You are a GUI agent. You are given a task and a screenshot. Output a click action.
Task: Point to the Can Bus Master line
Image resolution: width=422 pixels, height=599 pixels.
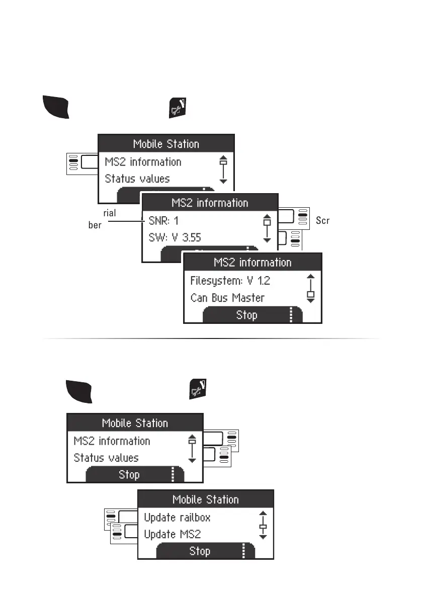227,298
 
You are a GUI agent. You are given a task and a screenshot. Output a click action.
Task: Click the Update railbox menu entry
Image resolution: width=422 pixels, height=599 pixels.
177,518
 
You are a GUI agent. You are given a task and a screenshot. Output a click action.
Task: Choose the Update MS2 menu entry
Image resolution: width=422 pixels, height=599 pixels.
173,534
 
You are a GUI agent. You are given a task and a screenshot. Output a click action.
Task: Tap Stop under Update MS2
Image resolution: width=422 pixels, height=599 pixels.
200,551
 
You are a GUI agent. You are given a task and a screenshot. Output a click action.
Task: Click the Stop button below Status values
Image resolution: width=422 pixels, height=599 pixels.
129,475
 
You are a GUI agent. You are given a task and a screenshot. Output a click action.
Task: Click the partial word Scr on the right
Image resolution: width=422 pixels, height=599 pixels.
323,221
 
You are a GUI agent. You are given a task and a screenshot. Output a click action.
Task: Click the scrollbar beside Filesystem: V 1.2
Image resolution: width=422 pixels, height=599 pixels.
310,288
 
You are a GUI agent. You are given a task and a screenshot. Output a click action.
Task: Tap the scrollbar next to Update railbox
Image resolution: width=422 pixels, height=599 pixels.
262,526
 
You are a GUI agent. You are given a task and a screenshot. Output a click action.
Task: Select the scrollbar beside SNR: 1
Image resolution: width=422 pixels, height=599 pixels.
267,229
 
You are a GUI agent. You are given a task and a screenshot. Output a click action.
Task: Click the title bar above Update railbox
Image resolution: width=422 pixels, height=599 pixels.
205,499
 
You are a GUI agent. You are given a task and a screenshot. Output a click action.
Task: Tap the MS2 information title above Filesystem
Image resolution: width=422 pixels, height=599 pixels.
252,263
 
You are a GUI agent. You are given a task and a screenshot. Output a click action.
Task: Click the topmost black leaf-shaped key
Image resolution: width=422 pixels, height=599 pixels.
55,106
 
